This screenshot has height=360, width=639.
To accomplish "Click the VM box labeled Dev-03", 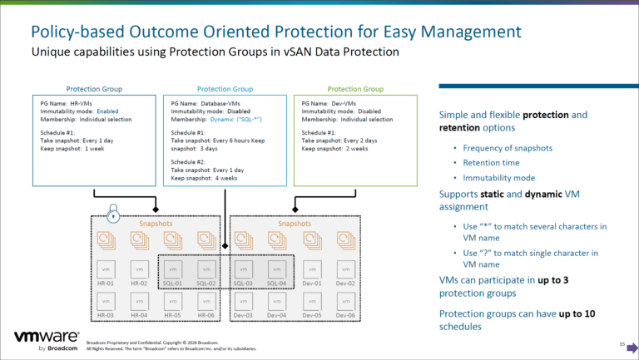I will tap(242, 302).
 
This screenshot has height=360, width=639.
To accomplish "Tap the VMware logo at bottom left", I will tap(47, 340).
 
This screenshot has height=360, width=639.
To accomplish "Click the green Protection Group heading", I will tap(355, 88).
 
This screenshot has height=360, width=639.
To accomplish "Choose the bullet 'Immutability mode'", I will tap(488, 178).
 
